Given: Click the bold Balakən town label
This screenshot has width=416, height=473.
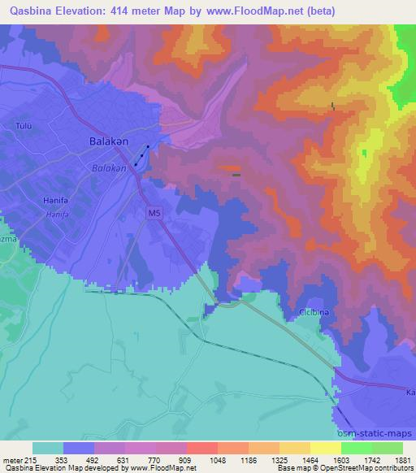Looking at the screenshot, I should [106, 141].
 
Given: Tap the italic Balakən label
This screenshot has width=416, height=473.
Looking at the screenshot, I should [108, 168].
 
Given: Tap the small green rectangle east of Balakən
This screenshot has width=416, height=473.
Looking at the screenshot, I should [236, 174].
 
